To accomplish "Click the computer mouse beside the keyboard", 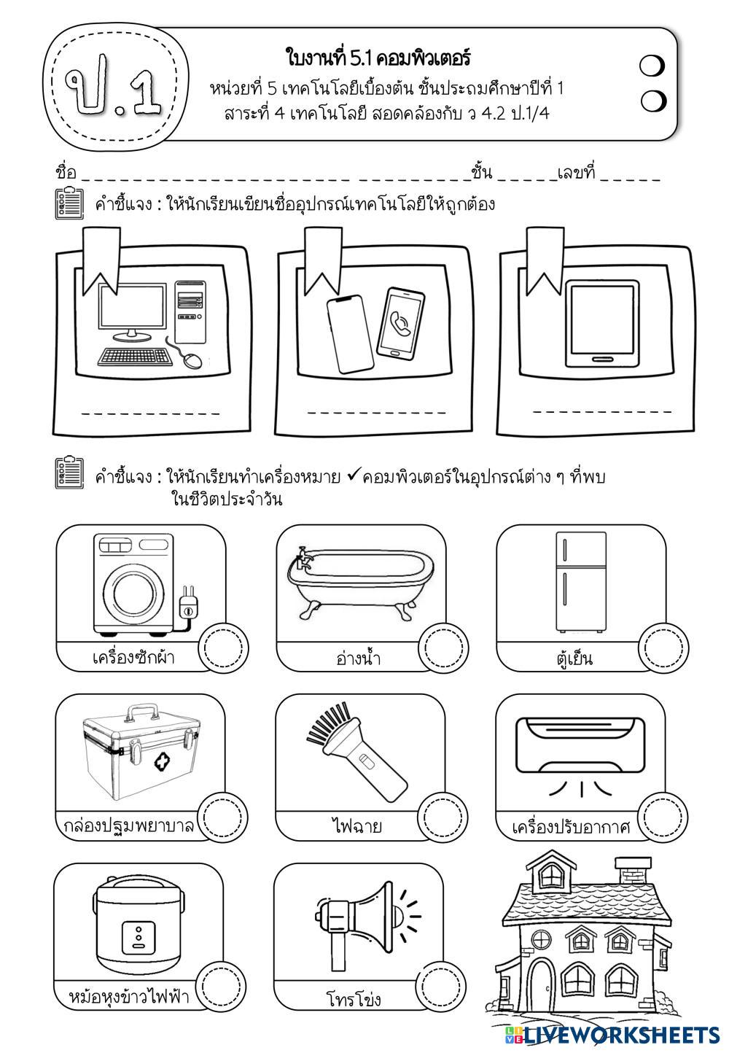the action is coord(192,360).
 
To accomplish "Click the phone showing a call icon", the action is coord(400,322).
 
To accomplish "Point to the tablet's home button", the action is coord(601,359).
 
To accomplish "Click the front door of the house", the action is coord(542,985).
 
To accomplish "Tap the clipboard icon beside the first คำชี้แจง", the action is coord(69,203).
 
